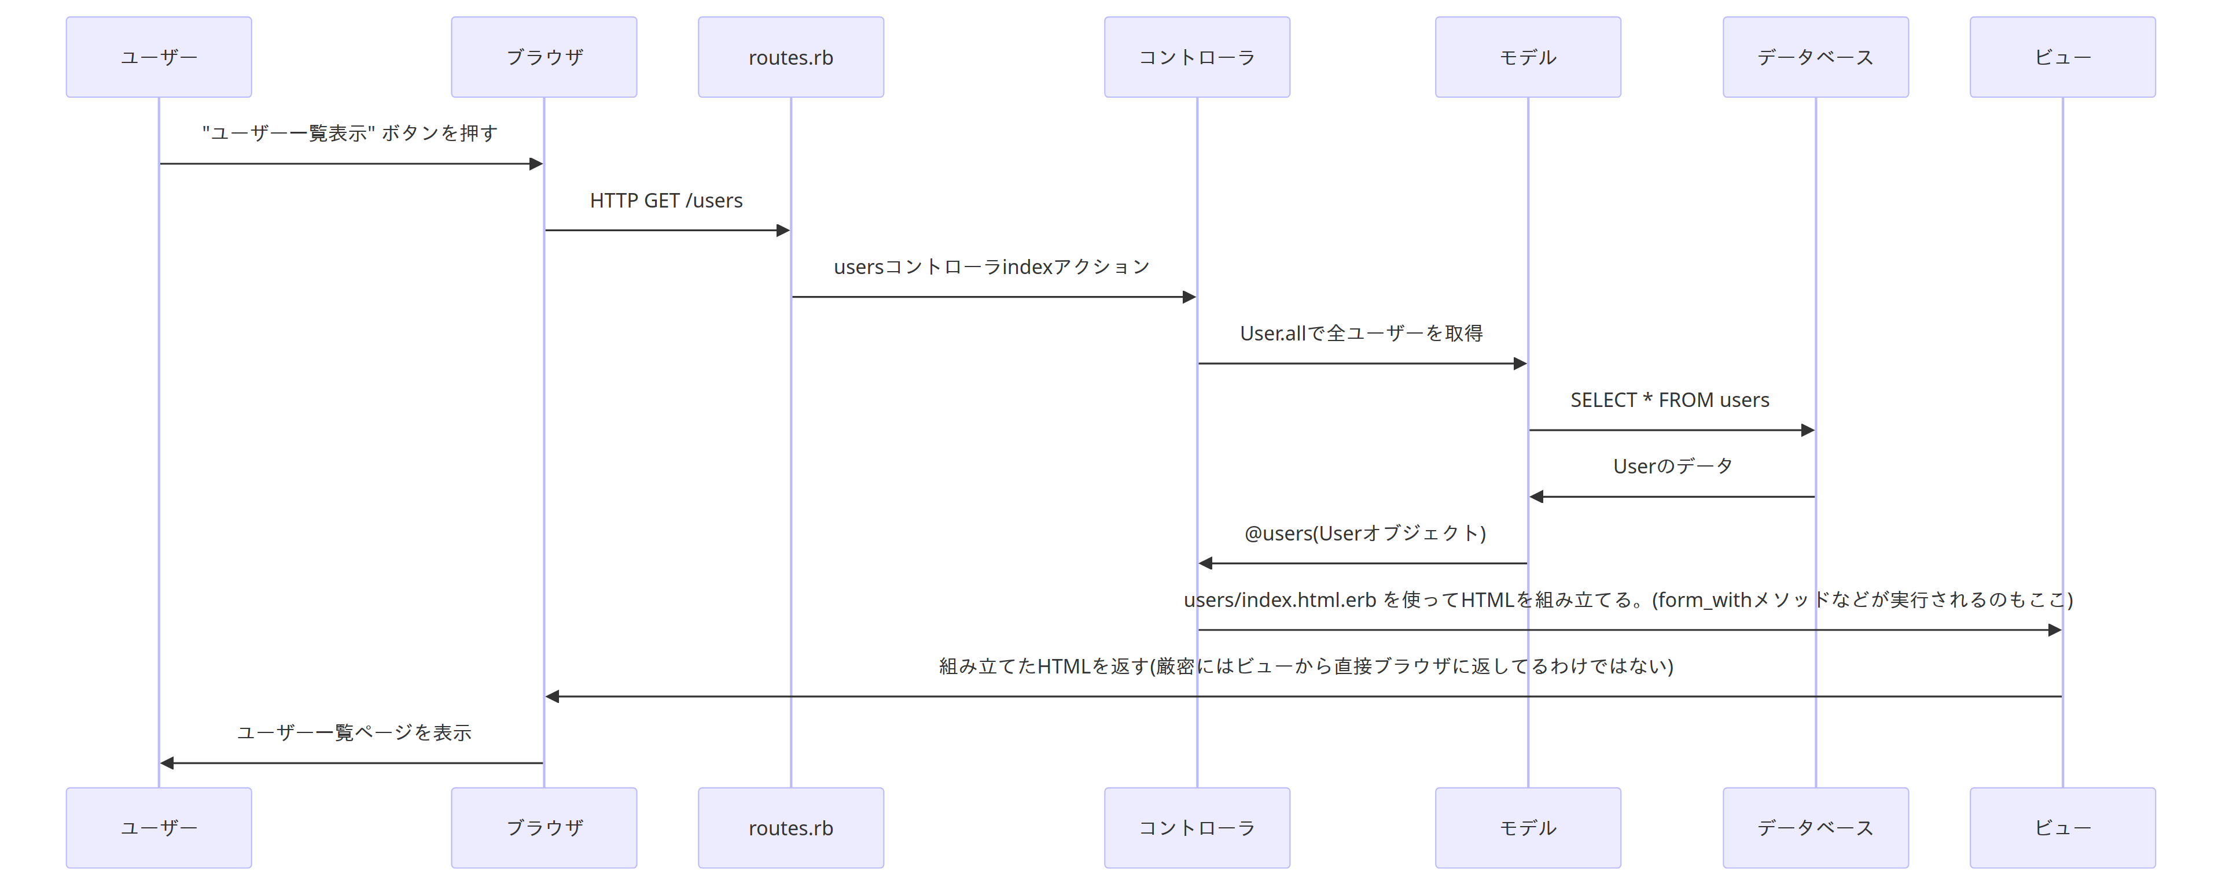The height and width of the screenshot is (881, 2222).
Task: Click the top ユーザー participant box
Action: pos(159,57)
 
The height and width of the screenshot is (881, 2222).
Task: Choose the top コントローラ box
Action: pos(1197,57)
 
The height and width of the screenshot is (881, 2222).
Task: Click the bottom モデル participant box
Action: pos(1528,828)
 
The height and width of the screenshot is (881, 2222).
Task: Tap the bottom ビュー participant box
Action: pos(2062,828)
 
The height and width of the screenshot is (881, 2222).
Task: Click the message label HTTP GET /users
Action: pos(666,201)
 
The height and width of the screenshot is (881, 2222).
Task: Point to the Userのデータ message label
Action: pos(1672,467)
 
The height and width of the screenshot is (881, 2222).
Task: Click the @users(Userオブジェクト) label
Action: pos(1364,534)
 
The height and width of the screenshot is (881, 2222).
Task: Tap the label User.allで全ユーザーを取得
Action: pos(1361,334)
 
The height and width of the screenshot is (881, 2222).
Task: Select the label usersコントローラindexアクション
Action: pos(992,267)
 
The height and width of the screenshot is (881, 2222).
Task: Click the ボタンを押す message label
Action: pos(350,134)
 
